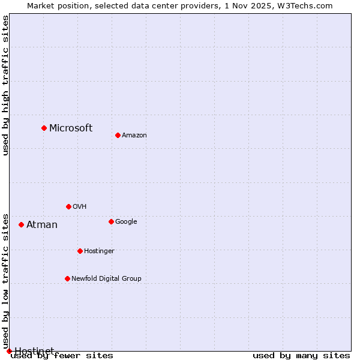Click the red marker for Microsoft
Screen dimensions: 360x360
tap(44, 128)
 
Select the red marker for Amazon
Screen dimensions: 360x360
tap(118, 135)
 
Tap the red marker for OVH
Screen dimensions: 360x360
tap(68, 206)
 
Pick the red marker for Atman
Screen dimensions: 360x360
tap(21, 224)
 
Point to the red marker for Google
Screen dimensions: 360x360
tap(111, 221)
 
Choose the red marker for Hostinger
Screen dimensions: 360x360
tap(80, 251)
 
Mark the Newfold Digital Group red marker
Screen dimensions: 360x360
tap(67, 278)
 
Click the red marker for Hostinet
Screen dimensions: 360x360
tap(9, 351)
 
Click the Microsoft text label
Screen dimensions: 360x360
tap(71, 128)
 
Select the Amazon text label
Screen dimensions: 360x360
tap(134, 135)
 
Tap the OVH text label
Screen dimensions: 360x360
tap(80, 206)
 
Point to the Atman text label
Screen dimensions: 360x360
tap(42, 225)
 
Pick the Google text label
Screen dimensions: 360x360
tap(126, 221)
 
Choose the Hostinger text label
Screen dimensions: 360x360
tap(99, 251)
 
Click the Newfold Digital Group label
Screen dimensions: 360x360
tap(106, 278)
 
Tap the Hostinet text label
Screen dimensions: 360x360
tap(34, 351)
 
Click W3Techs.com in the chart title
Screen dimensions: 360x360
tap(305, 5)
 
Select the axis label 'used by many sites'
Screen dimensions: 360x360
tap(301, 356)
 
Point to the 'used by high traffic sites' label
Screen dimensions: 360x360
tap(6, 85)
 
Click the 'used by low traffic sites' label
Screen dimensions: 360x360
tap(6, 281)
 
